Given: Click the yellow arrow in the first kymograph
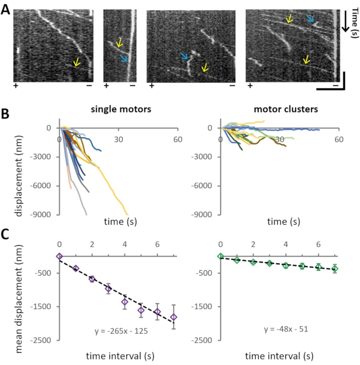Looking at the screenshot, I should click(x=76, y=62).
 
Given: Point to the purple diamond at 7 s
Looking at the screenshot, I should click(x=174, y=317).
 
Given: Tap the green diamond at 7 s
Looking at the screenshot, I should click(x=335, y=268).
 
